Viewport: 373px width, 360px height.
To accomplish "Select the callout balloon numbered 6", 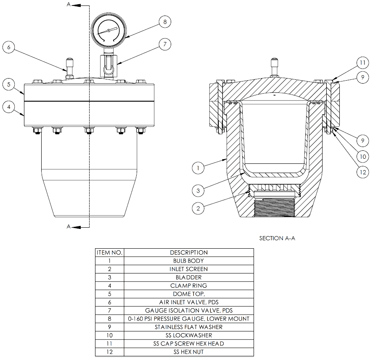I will point(8,47).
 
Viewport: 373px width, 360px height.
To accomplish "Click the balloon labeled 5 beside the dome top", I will point(8,84).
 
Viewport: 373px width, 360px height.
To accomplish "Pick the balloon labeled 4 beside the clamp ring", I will point(8,107).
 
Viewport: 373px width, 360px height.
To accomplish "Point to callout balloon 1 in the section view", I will point(198,168).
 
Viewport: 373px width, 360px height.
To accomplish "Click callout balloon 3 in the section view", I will point(198,190).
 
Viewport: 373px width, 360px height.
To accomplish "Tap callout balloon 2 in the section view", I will point(198,208).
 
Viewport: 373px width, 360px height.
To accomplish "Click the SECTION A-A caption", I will point(277,238).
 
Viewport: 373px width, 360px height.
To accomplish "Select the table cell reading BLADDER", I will point(188,277).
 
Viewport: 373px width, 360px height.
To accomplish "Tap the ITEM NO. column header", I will point(109,252).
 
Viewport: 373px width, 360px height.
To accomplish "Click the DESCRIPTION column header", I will point(188,252).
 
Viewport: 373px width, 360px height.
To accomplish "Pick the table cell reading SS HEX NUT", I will point(188,352).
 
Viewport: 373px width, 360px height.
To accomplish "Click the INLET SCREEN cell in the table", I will point(188,269).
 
